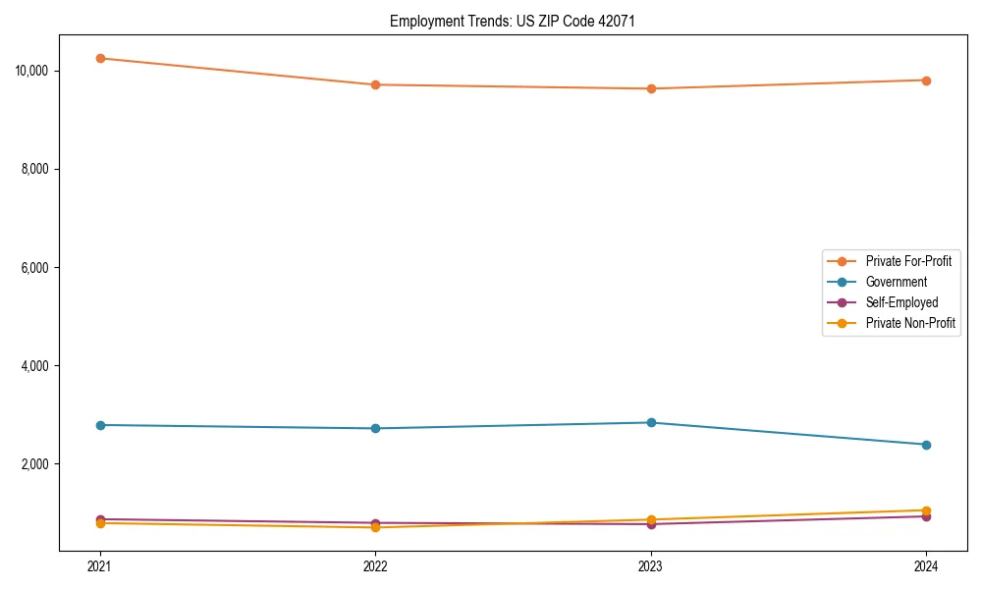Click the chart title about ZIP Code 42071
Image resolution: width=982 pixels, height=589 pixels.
[x=512, y=21]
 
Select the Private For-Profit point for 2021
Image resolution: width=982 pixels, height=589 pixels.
[x=100, y=58]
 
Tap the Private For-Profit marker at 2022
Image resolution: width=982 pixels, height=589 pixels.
[x=375, y=84]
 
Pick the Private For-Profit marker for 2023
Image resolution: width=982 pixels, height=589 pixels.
[x=651, y=88]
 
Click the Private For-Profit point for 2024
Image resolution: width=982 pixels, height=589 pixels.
[x=926, y=80]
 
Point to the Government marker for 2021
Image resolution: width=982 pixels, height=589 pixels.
[x=100, y=425]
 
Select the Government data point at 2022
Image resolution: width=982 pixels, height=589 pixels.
[x=375, y=428]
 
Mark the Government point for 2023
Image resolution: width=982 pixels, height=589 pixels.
[x=651, y=422]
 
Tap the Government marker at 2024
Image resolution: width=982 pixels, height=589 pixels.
[x=926, y=445]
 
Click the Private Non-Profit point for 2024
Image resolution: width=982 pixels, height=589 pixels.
[x=926, y=510]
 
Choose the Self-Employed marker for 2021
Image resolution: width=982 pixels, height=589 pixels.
[x=100, y=519]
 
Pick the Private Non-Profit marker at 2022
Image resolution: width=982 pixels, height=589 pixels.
[x=375, y=528]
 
